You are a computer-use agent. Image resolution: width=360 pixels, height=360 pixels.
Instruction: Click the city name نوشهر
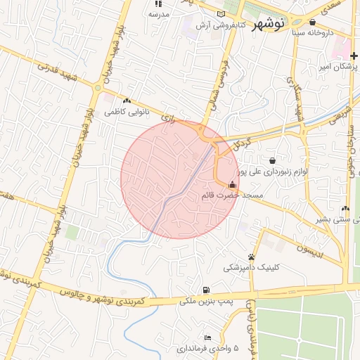(x=266, y=22)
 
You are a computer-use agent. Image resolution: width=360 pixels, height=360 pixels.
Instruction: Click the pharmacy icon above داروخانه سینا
(x=312, y=22)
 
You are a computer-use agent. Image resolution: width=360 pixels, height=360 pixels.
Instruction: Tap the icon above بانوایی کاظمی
(x=127, y=101)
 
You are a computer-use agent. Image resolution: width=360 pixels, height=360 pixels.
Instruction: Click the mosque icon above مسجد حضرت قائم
(x=232, y=185)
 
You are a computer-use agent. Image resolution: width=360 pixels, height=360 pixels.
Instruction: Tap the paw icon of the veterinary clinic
(x=251, y=257)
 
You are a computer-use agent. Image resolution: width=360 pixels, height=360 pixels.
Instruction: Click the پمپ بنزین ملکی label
(x=206, y=301)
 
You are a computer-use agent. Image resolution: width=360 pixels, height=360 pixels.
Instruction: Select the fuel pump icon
(x=205, y=290)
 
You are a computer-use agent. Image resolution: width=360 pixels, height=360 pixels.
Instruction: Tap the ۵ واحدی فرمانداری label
(x=207, y=349)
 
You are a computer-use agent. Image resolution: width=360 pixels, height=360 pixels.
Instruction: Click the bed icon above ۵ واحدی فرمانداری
(x=207, y=338)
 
